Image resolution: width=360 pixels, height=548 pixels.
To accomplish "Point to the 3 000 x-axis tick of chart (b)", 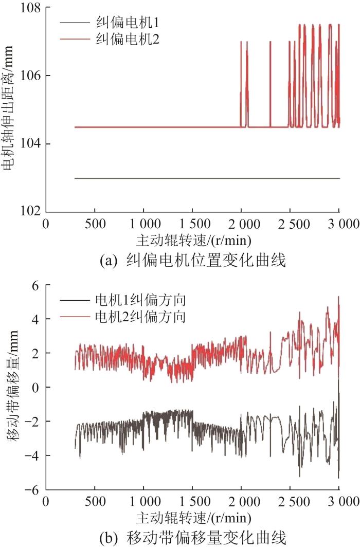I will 339,502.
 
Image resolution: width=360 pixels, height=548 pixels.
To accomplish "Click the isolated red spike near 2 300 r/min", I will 270,82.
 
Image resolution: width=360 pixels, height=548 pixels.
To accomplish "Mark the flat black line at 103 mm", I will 206,178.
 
